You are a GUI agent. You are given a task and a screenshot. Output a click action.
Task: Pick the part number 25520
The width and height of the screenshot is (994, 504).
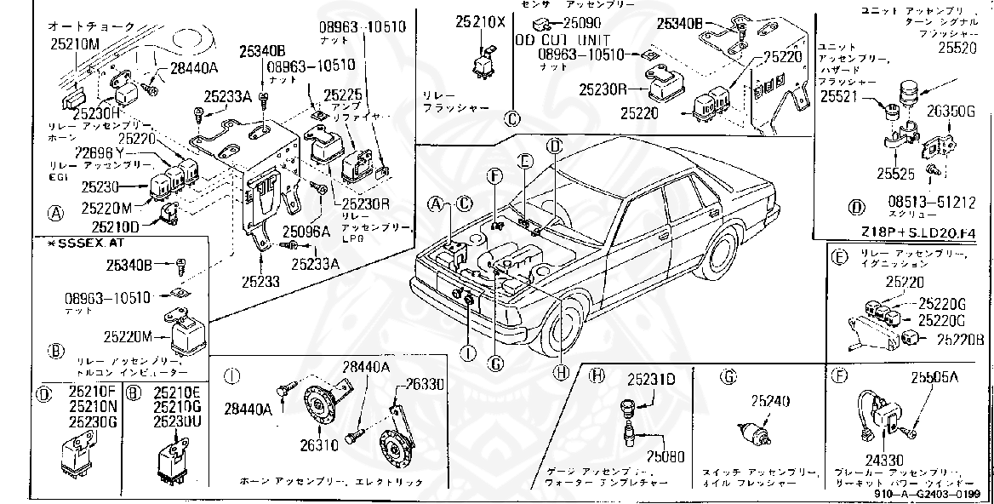pyautogui.click(x=957, y=49)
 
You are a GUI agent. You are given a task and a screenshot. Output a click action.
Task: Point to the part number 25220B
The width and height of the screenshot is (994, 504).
pyautogui.click(x=962, y=339)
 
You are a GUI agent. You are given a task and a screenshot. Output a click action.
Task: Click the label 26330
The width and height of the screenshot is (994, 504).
pyautogui.click(x=423, y=385)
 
